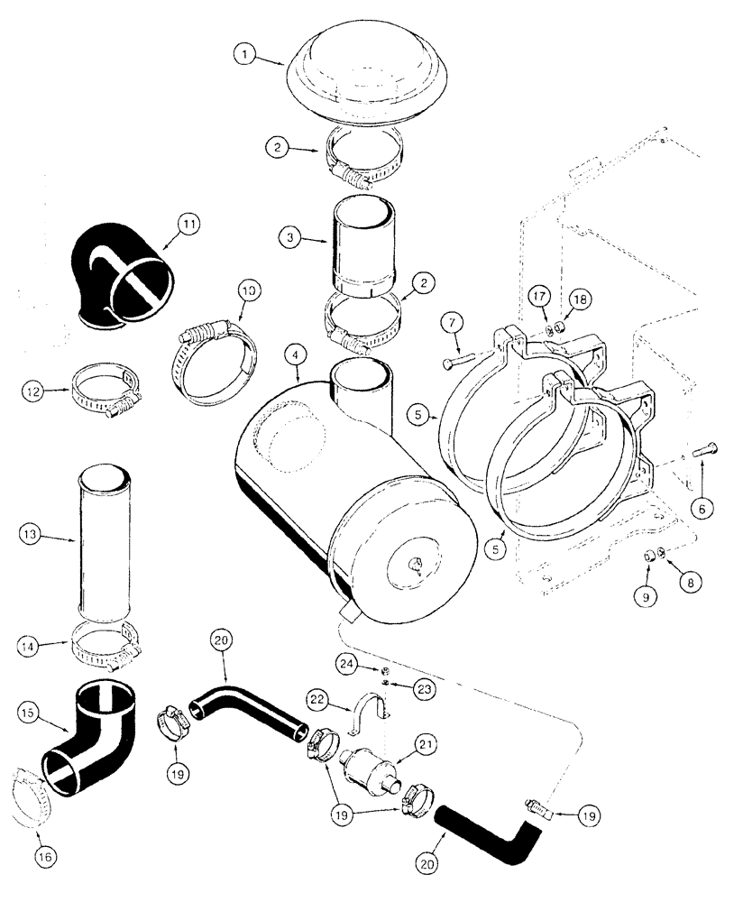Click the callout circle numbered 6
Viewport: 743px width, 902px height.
(703, 508)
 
